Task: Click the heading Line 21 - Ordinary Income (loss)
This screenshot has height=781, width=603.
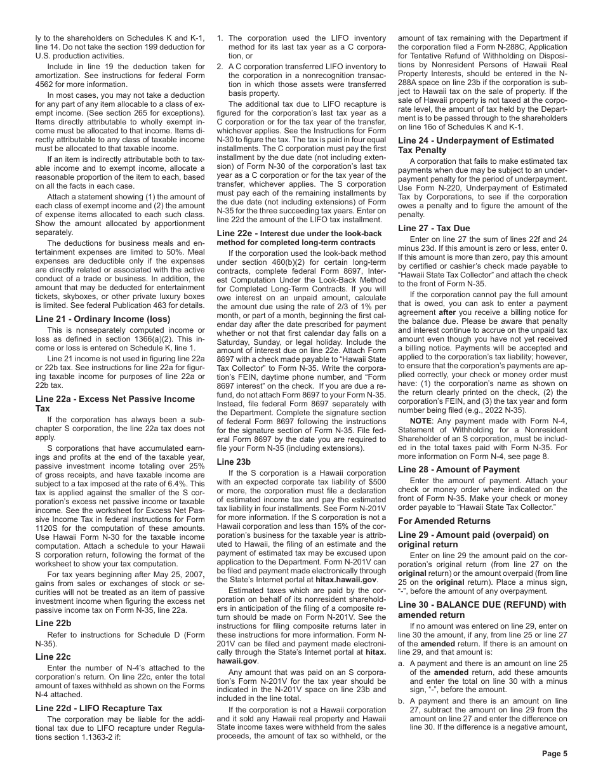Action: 103,319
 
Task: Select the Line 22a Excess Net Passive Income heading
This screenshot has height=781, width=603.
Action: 115,404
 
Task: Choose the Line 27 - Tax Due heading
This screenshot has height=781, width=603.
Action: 434,228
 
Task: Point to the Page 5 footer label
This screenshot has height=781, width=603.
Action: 555,754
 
